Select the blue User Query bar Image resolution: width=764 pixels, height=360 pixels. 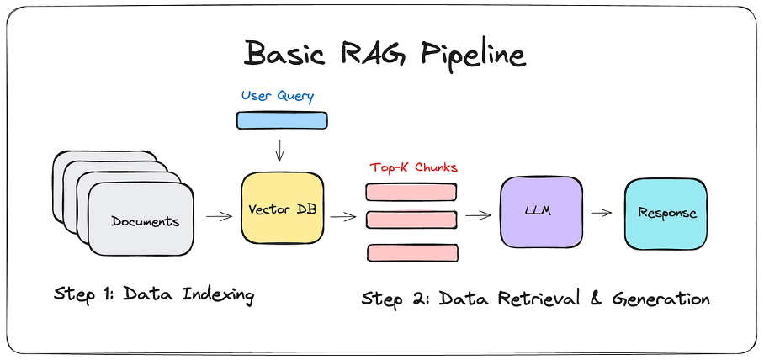(x=281, y=120)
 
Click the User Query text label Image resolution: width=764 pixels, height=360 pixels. (x=278, y=96)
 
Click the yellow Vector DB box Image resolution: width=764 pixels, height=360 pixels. (x=282, y=209)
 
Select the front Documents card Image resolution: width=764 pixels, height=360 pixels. (x=145, y=221)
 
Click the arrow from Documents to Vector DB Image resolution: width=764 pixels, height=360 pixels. (x=220, y=216)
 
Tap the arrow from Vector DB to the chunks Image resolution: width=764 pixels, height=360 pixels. (x=343, y=216)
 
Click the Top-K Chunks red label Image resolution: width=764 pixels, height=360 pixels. (x=413, y=167)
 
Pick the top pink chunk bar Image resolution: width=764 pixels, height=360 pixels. (x=411, y=191)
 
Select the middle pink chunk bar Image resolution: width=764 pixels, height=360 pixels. (x=411, y=220)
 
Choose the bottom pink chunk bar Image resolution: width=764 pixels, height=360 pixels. (x=411, y=251)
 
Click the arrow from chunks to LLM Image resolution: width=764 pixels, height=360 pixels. (x=478, y=215)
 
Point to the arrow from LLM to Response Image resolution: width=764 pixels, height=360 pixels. (x=601, y=213)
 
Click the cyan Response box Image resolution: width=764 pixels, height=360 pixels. (x=666, y=213)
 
